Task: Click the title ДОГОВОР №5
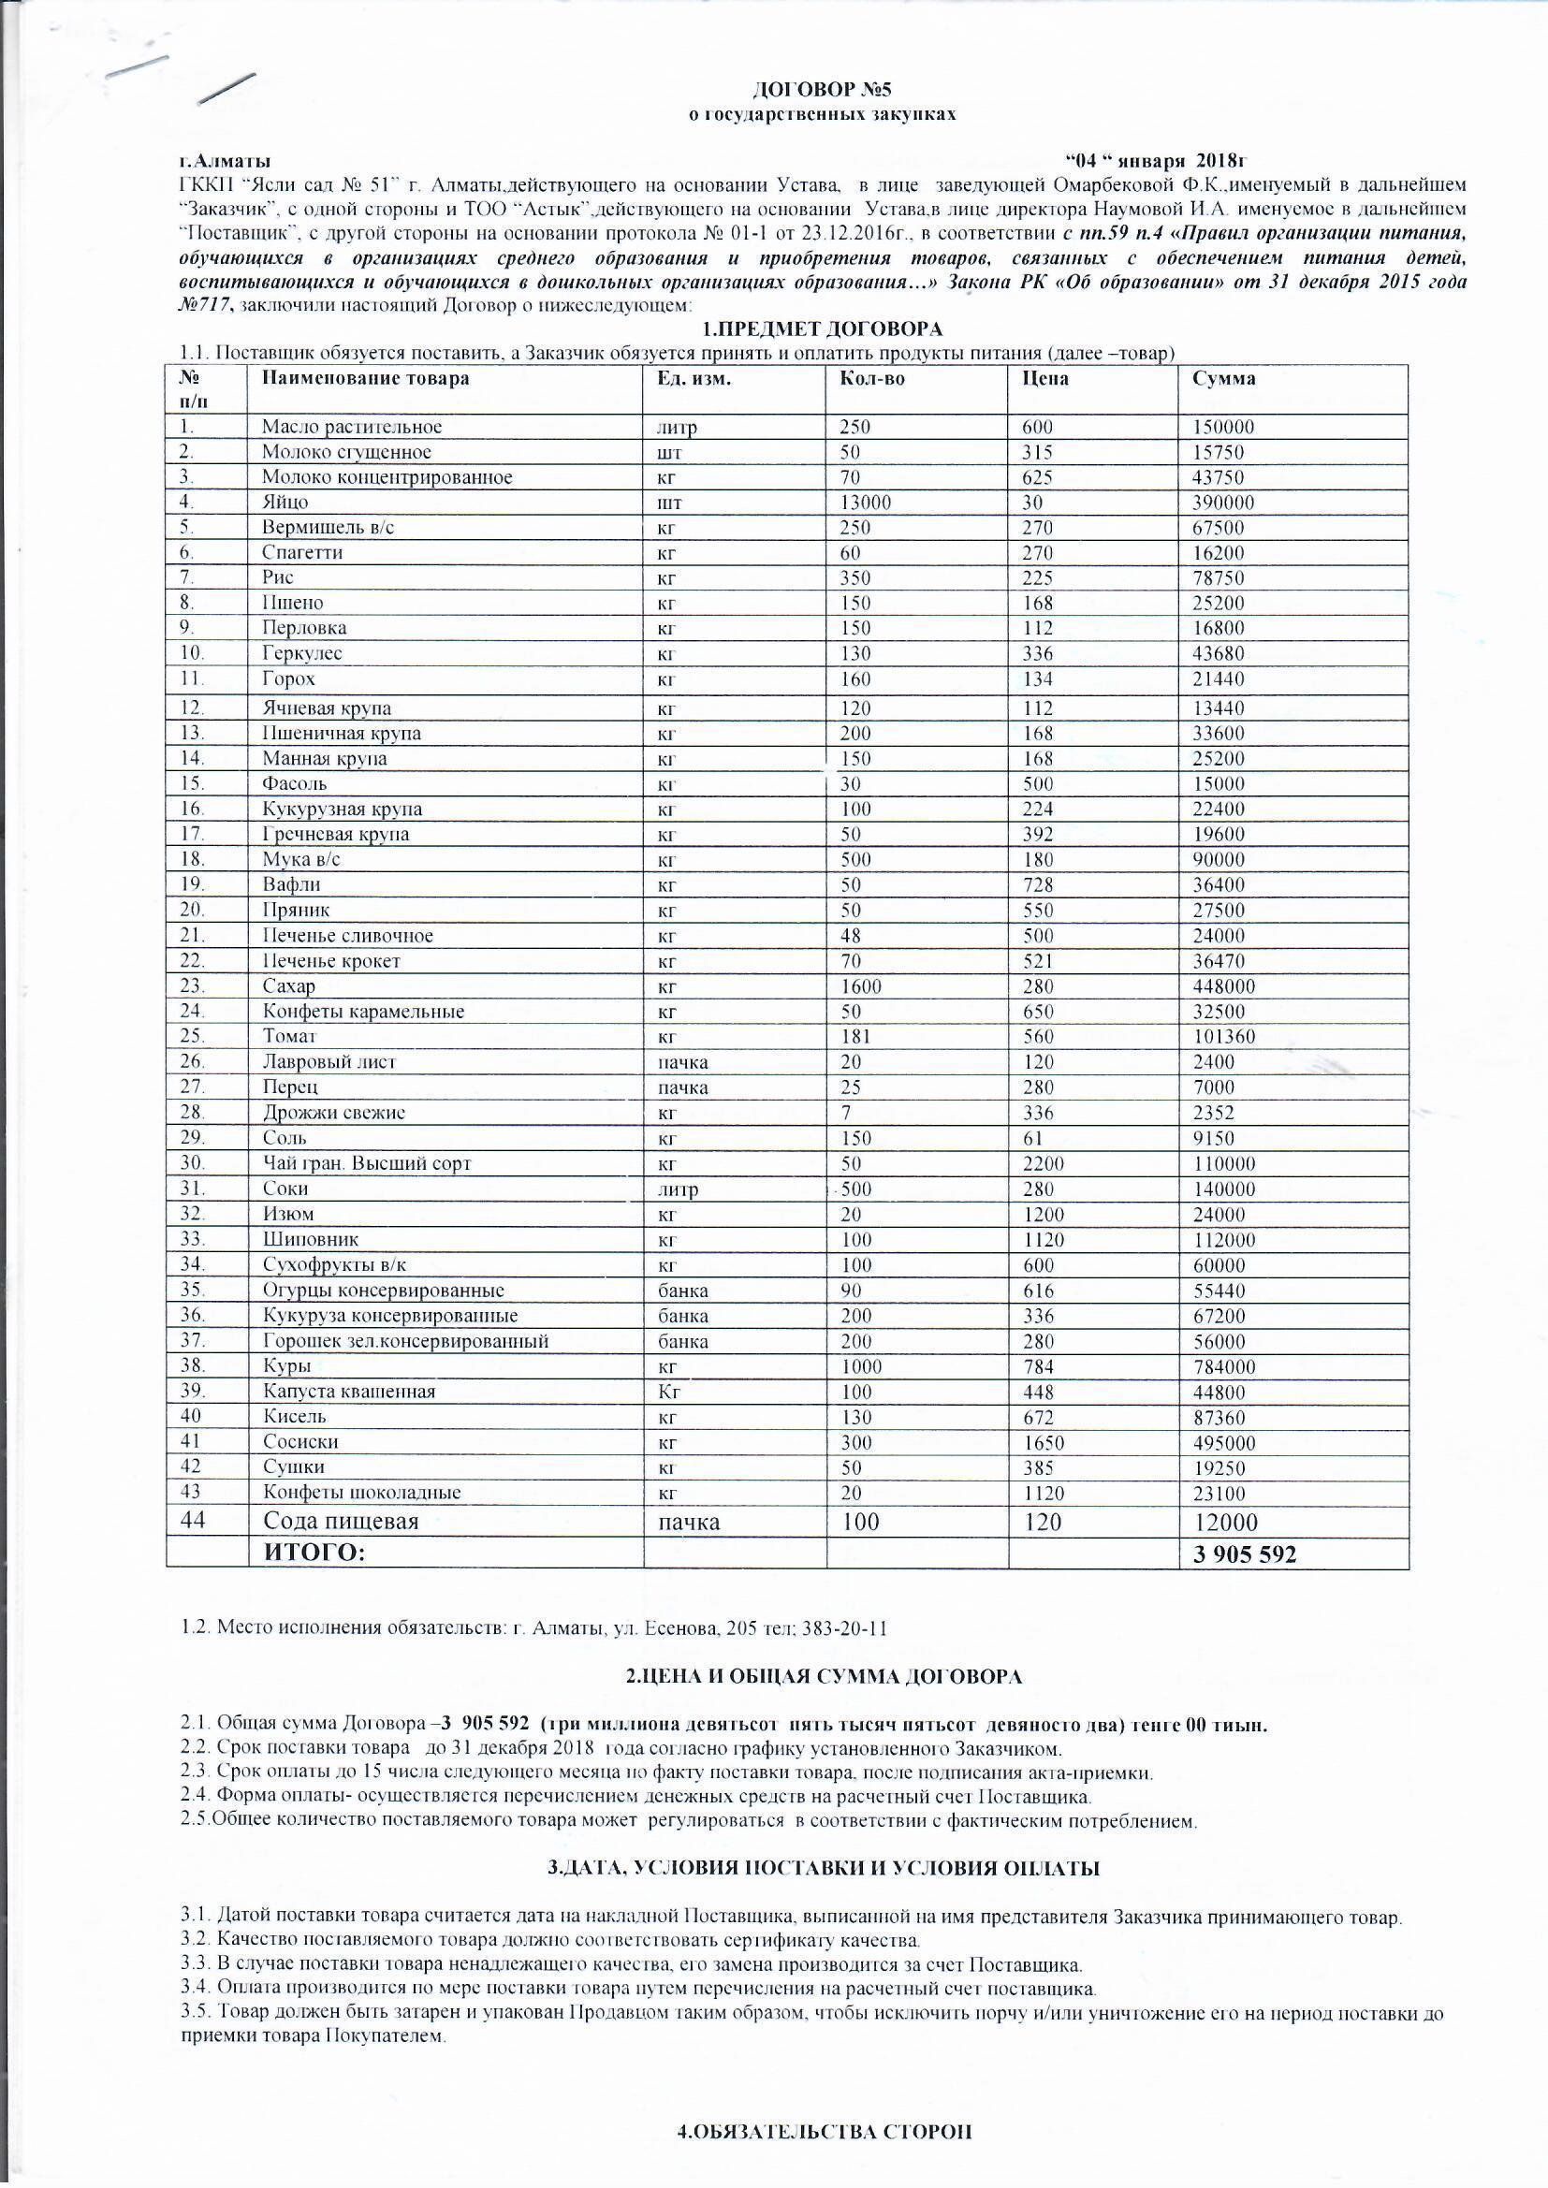[x=821, y=91]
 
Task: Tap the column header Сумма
[x=1223, y=378]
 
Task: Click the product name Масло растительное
[x=352, y=427]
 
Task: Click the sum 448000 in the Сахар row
[x=1223, y=986]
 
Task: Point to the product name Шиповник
[x=311, y=1240]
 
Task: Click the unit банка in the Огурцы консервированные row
[x=682, y=1291]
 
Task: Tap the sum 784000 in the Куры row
[x=1223, y=1366]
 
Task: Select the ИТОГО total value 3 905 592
[x=1245, y=1554]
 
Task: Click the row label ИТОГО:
[x=314, y=1554]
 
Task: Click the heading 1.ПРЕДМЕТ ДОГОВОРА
[x=821, y=329]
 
